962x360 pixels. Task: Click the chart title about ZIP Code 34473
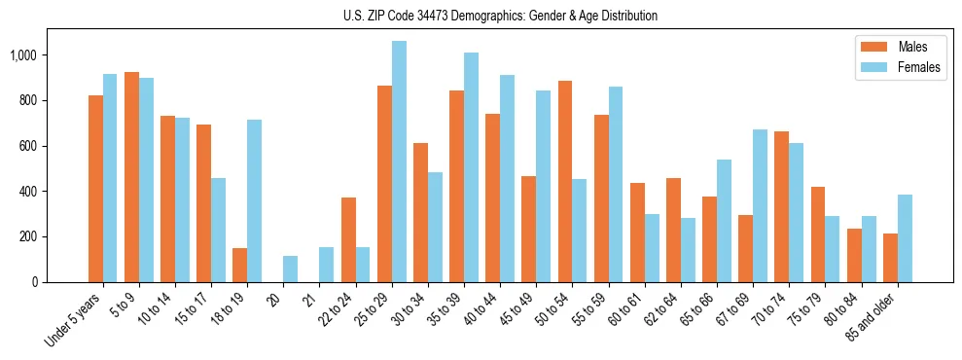(500, 16)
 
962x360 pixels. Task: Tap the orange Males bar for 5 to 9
(131, 177)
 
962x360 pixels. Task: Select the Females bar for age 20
(291, 270)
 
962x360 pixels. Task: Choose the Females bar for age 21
(327, 265)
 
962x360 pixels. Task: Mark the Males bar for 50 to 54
(565, 181)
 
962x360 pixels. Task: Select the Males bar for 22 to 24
(348, 239)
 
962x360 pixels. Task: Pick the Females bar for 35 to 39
(471, 167)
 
